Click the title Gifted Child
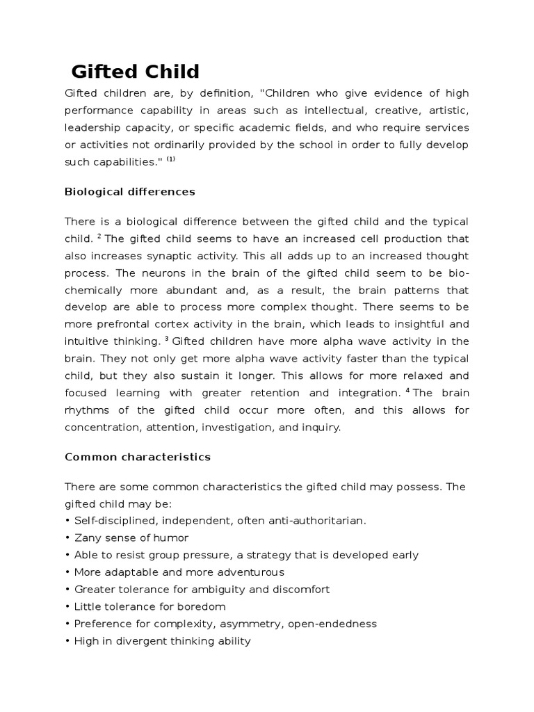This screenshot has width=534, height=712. click(135, 72)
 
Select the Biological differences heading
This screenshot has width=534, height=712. click(130, 191)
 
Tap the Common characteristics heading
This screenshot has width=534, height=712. click(138, 457)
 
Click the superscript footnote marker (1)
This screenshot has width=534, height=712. click(171, 159)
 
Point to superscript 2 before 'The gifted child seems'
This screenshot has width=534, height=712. click(99, 236)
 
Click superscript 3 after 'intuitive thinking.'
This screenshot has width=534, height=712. click(167, 339)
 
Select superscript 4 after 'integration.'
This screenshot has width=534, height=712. click(407, 390)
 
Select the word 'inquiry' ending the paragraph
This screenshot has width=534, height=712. click(321, 428)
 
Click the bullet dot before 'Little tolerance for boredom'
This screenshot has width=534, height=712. click(67, 606)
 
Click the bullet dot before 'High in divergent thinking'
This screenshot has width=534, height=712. click(67, 641)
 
